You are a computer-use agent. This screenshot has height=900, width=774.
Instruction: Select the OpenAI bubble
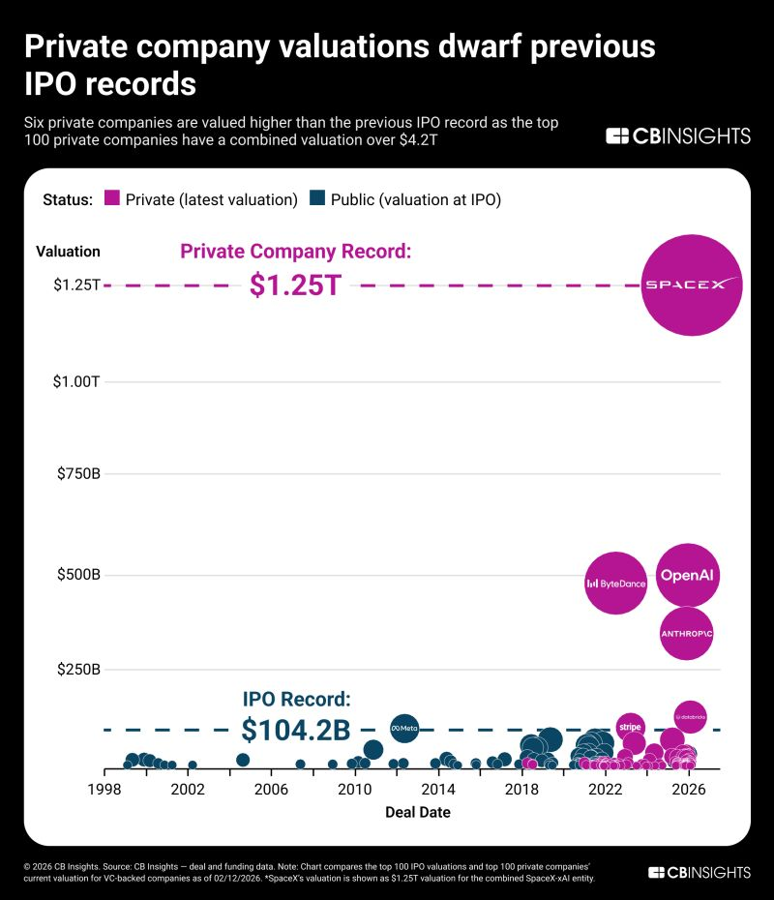pos(687,576)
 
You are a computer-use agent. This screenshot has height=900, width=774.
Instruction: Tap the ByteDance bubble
pos(616,583)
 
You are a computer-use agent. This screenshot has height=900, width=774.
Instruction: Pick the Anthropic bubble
pos(686,633)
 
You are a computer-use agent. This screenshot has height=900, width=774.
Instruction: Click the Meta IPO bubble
pos(403,727)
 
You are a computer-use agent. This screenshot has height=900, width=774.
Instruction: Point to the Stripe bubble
pos(630,726)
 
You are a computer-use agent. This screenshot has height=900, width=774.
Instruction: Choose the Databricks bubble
pos(690,717)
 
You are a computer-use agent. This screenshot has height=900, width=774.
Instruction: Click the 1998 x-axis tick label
pos(104,789)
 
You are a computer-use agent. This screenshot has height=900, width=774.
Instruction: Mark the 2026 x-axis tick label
pos(689,789)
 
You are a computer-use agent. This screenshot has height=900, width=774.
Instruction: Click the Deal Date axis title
pos(417,813)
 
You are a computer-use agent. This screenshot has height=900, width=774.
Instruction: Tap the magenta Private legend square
pos(111,199)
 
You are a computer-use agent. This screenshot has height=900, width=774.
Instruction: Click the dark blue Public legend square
pos(316,199)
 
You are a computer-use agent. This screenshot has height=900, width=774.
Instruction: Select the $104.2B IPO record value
pos(295,729)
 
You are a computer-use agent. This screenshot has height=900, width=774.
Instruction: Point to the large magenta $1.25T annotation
pos(295,285)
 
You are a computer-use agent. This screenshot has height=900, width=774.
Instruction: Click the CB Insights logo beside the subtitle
pos(677,136)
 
